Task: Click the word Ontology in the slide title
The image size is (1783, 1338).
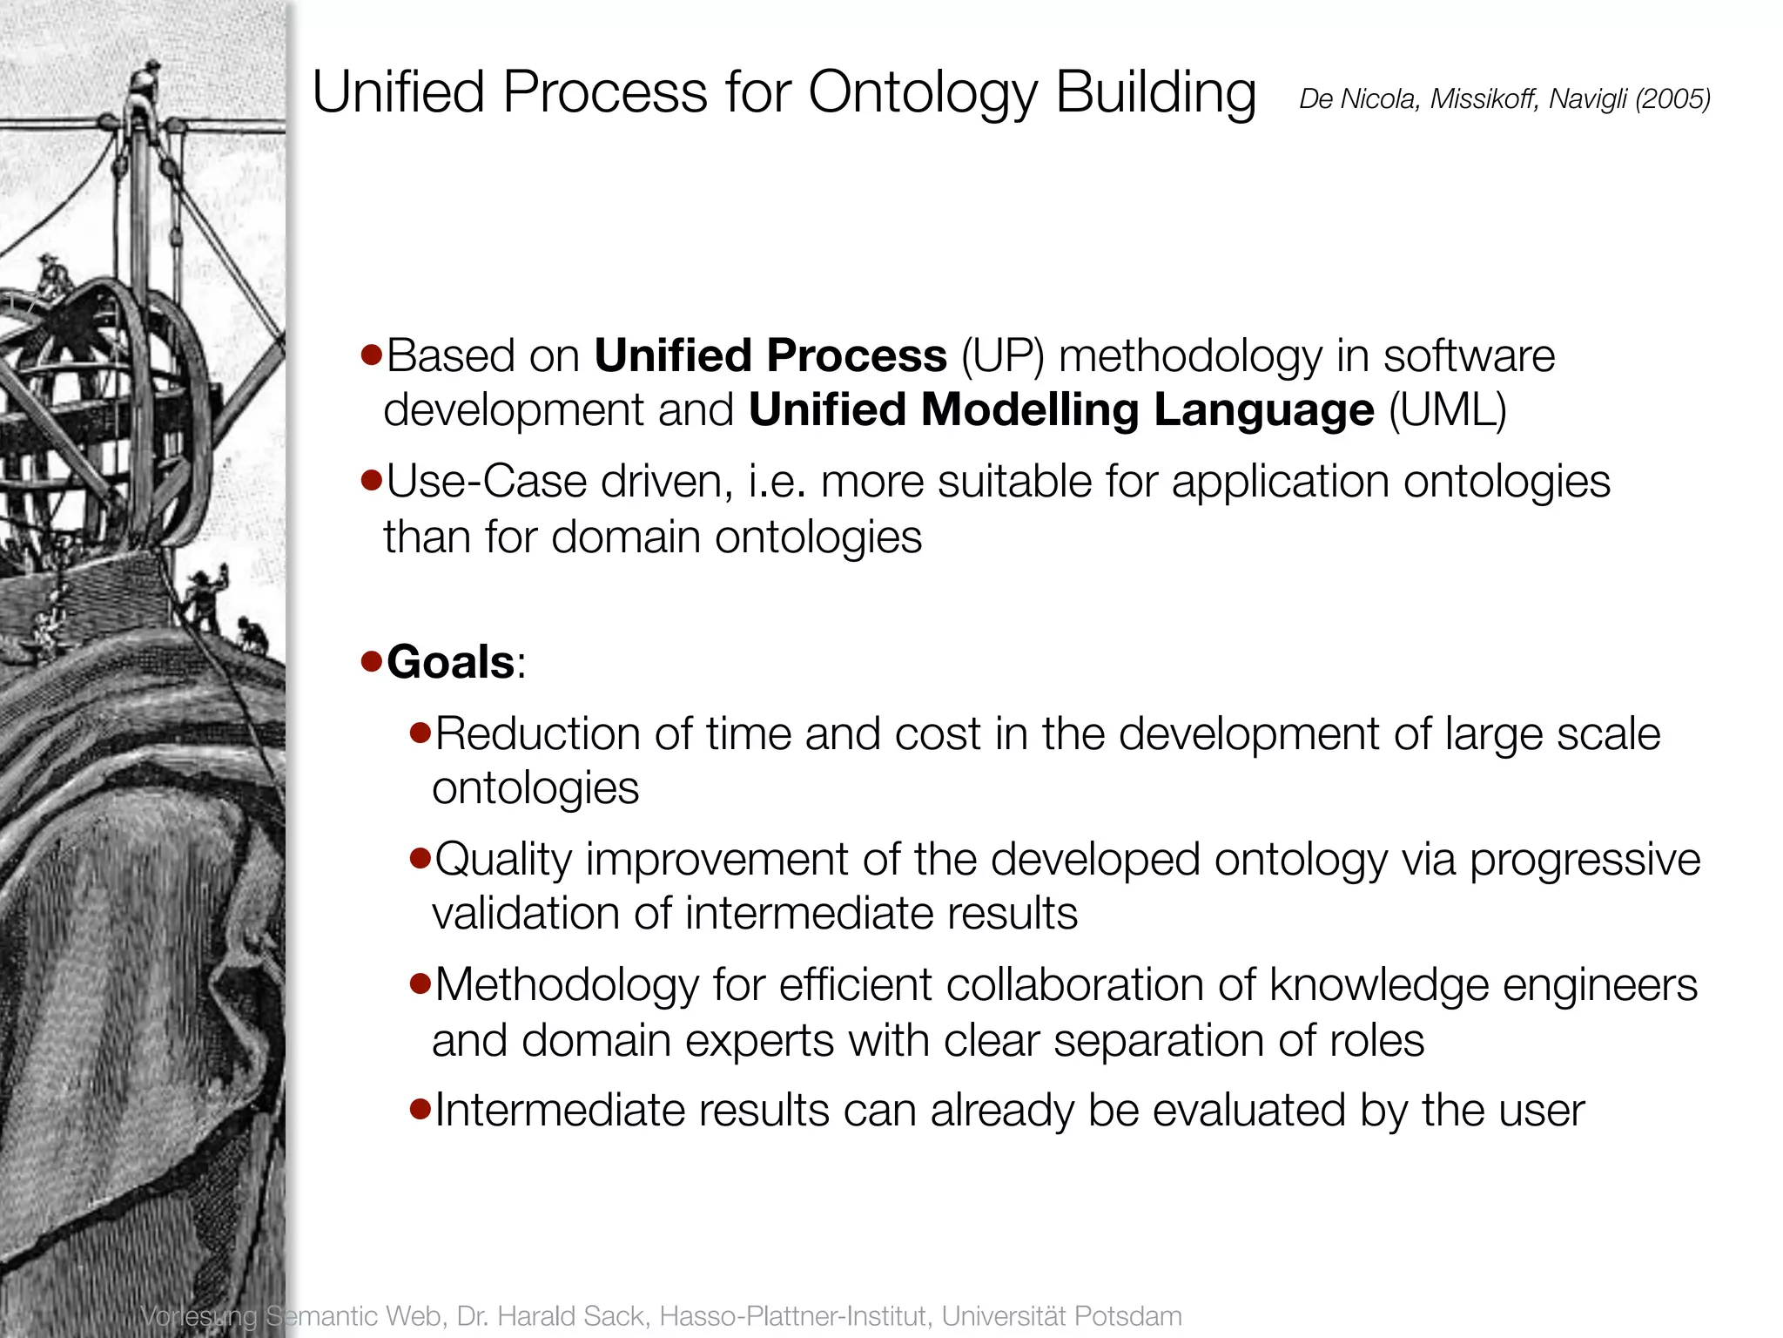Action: [x=922, y=92]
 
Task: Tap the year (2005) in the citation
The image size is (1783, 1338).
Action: [x=1672, y=99]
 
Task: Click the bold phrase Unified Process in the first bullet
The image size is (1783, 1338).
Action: [x=770, y=355]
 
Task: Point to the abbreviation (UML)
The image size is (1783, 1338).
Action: [x=1447, y=410]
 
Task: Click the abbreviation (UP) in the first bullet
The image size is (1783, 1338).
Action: [x=1002, y=356]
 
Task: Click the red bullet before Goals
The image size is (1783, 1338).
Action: [x=372, y=662]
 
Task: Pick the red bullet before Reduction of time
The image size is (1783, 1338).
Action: [x=421, y=733]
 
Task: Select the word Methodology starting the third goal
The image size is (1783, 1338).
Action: [x=567, y=986]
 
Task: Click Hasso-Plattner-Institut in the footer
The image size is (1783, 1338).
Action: [x=796, y=1315]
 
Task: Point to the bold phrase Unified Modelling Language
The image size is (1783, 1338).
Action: [x=1060, y=410]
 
